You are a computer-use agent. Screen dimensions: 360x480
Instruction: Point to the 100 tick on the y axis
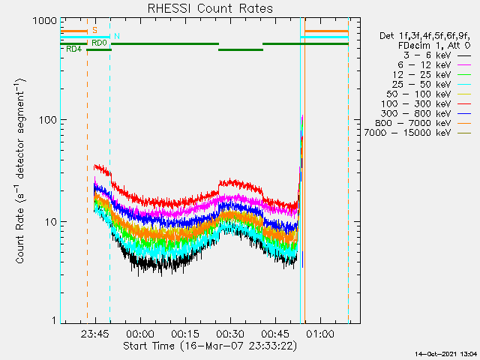45,121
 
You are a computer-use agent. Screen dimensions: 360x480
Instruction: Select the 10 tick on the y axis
48,221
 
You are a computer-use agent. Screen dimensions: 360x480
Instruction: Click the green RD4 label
73,49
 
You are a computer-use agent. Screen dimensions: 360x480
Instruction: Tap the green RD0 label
98,43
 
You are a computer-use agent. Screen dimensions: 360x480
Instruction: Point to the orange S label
94,30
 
